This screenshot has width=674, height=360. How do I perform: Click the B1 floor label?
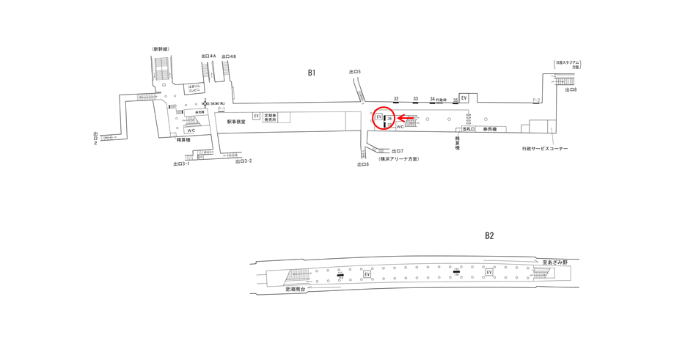tap(312, 72)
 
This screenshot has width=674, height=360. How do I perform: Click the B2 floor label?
tap(489, 235)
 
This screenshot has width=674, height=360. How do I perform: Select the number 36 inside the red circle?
tap(390, 119)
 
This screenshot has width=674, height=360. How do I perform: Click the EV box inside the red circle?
tap(379, 117)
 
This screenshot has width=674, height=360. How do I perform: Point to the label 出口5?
tap(355, 71)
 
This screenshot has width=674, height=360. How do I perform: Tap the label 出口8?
tap(571, 89)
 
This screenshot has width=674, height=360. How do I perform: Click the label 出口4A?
tap(208, 56)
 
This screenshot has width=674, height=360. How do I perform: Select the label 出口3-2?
tap(243, 161)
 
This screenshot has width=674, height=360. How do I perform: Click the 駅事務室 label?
tap(236, 122)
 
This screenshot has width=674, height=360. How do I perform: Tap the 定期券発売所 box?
tap(271, 117)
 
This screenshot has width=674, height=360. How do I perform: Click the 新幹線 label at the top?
tap(161, 49)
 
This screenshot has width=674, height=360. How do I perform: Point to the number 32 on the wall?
tap(396, 98)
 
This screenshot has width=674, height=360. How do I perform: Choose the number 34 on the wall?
tap(433, 98)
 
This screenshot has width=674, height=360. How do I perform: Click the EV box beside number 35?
tap(464, 98)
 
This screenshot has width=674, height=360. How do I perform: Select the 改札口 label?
tap(468, 129)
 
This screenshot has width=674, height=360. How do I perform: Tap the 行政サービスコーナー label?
tap(540, 149)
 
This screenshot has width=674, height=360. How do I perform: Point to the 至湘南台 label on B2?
tap(298, 289)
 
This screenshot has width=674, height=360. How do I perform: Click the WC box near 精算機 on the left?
tap(191, 130)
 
